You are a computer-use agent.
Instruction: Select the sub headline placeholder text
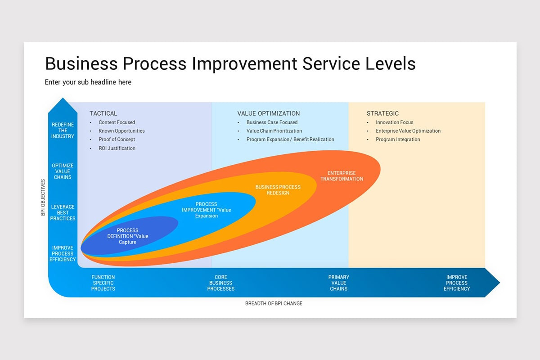tap(88, 82)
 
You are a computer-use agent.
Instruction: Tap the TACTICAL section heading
tap(103, 113)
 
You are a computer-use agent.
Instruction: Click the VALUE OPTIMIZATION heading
tap(268, 113)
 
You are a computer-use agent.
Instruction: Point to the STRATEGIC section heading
tap(382, 113)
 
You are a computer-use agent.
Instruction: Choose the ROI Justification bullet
tap(117, 148)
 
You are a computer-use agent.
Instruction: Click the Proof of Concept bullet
tap(117, 139)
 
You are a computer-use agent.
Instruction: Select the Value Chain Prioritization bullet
tap(274, 131)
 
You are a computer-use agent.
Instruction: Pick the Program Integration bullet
tap(398, 139)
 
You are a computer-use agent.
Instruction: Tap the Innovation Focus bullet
tap(394, 122)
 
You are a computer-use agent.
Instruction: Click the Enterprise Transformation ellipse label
tap(342, 176)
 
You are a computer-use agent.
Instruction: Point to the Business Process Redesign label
tap(278, 190)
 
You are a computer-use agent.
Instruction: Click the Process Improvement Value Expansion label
tap(206, 210)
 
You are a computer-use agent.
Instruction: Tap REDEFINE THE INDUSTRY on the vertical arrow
tap(63, 130)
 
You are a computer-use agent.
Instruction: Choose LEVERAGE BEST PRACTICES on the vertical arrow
tap(63, 212)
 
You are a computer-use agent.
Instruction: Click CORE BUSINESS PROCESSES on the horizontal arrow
tap(220, 283)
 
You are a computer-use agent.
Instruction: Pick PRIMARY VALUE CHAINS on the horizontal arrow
tap(338, 283)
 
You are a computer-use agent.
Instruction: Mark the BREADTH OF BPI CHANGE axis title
tap(274, 304)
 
